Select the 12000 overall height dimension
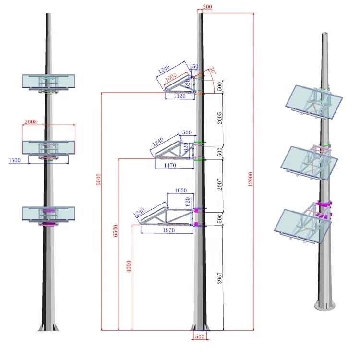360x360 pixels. (250, 180)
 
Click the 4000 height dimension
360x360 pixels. (129, 267)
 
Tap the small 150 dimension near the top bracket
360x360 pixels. (194, 67)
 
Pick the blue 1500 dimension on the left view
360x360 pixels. (14, 160)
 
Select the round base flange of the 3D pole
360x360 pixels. (325, 305)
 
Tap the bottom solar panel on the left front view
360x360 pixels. (48, 214)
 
